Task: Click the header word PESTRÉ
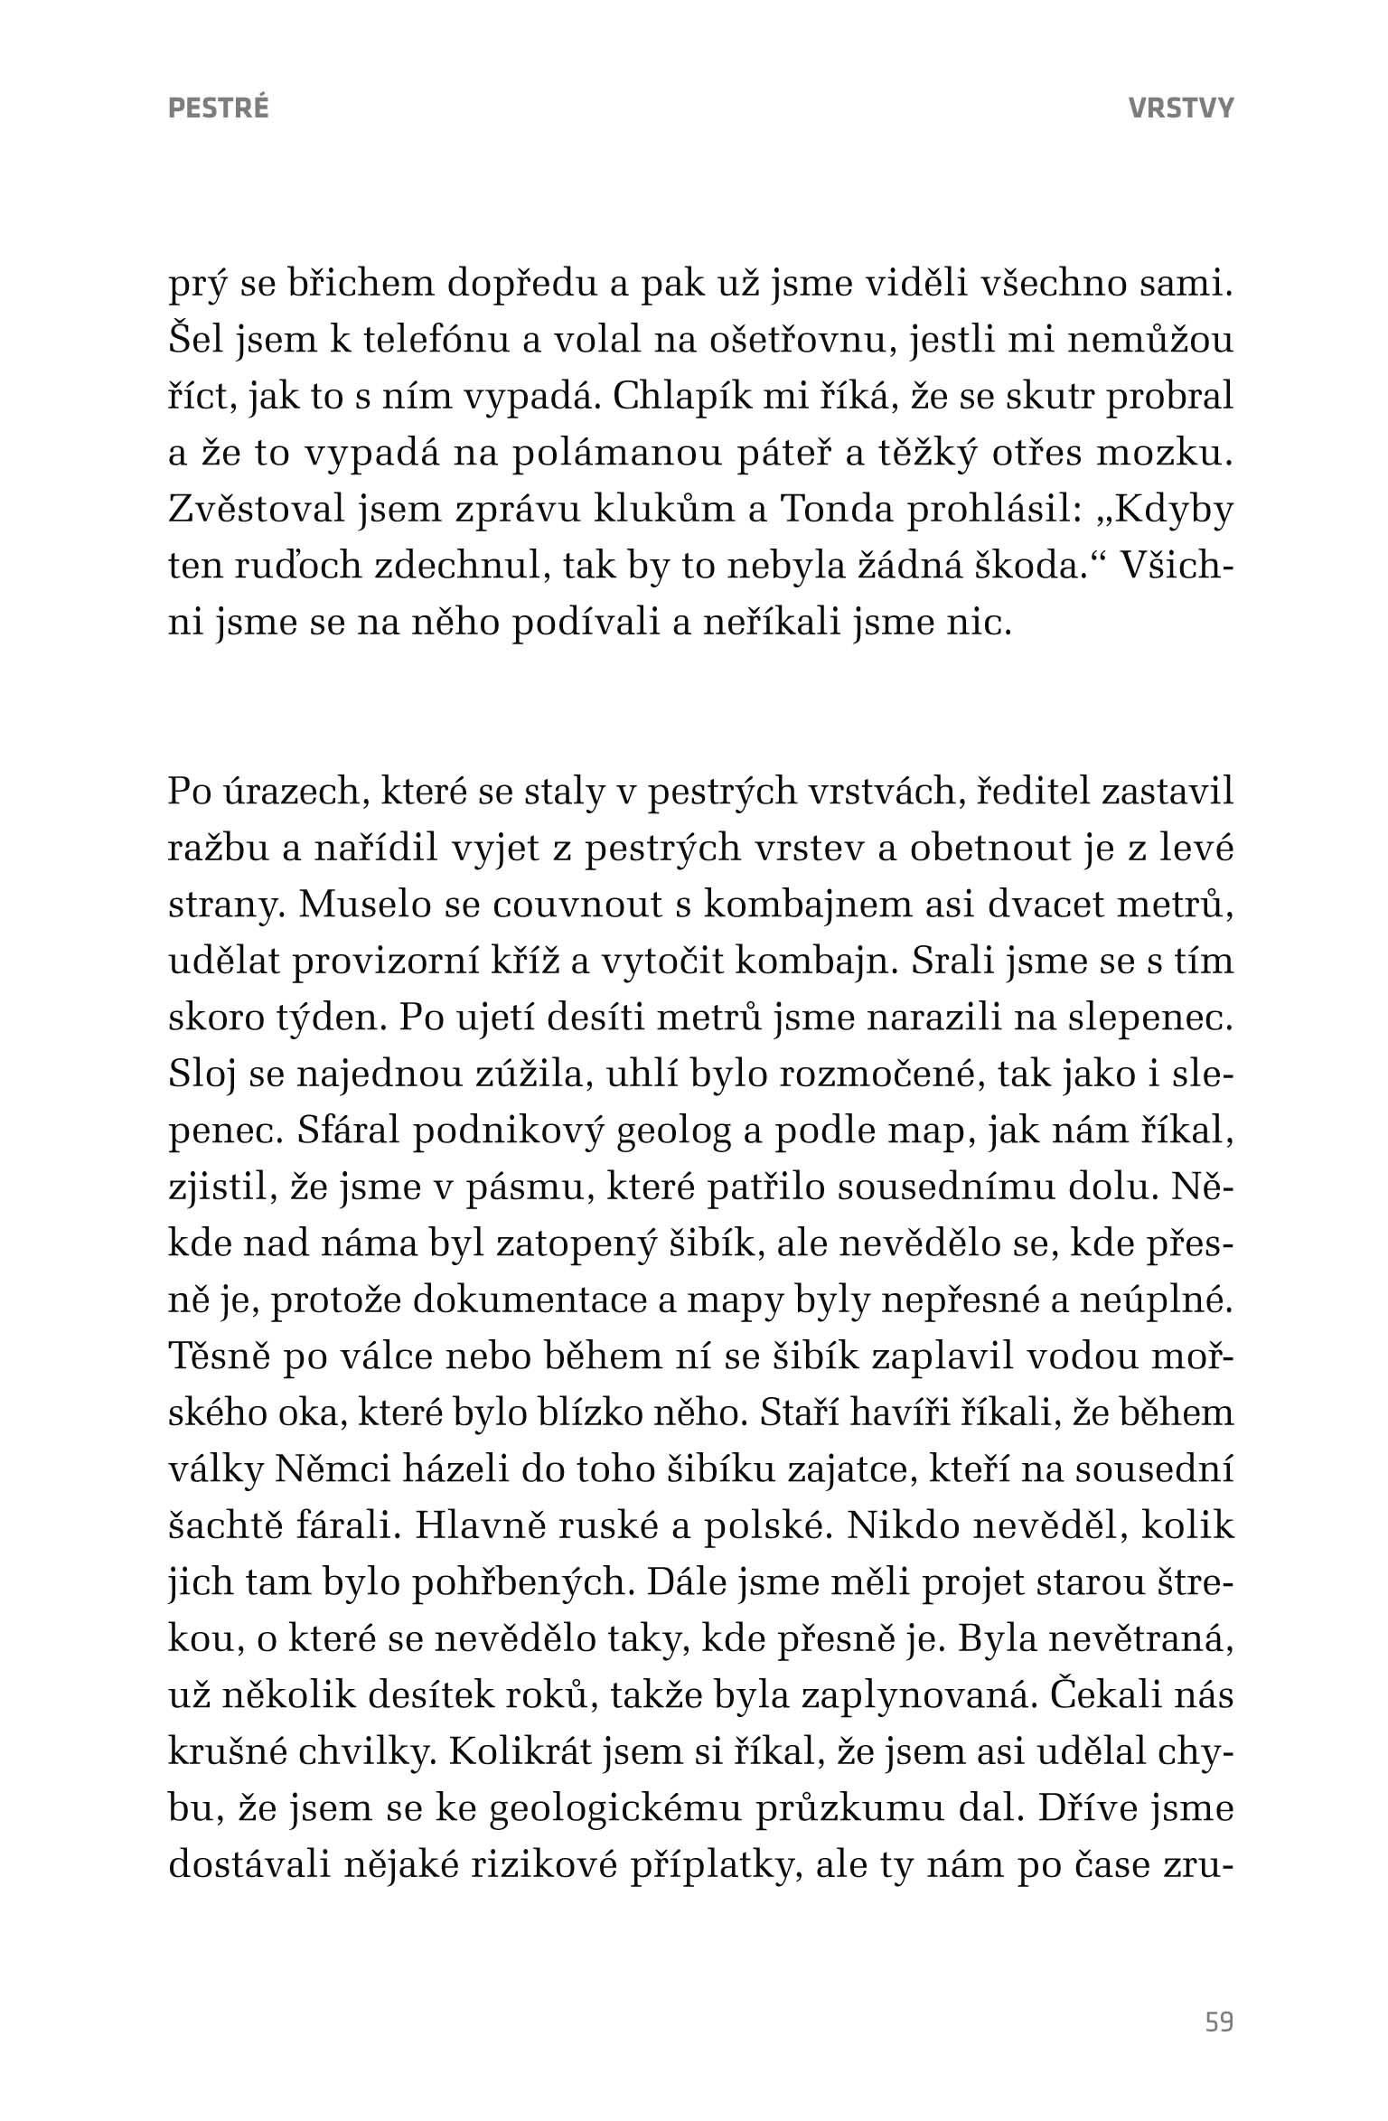[219, 108]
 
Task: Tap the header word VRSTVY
[1180, 108]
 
